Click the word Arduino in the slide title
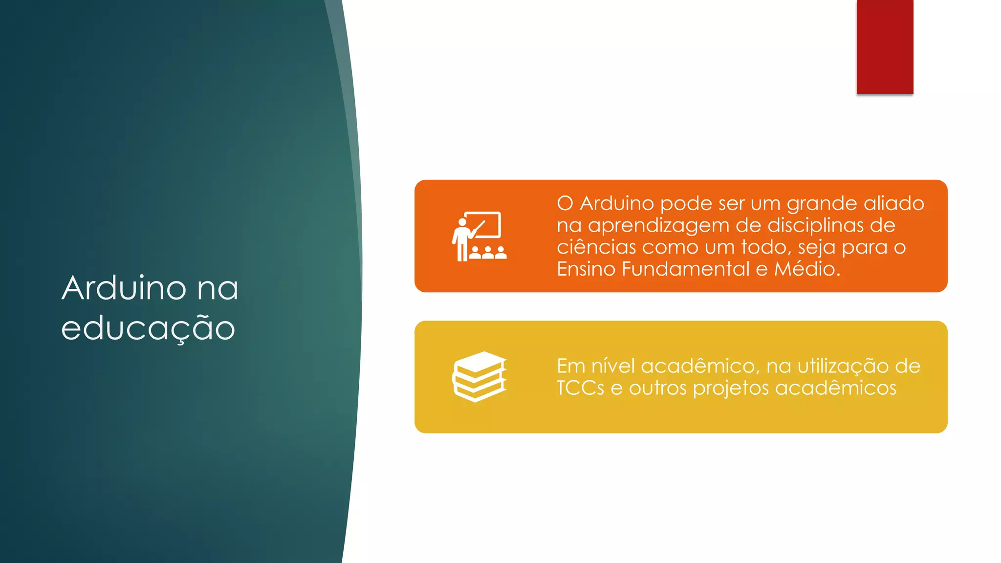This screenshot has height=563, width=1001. coord(124,288)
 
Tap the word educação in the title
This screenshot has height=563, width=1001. coord(148,328)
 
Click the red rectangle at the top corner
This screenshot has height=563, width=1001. coord(885,47)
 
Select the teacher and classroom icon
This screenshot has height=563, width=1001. coord(479,237)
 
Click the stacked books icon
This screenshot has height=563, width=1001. coord(479,377)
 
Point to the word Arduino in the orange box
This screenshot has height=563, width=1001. coord(617,203)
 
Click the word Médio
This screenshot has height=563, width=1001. coord(807,269)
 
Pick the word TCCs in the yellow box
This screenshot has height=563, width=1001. coord(580,388)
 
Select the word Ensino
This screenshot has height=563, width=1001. coord(586,269)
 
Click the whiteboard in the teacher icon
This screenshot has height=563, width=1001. coord(483,224)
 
